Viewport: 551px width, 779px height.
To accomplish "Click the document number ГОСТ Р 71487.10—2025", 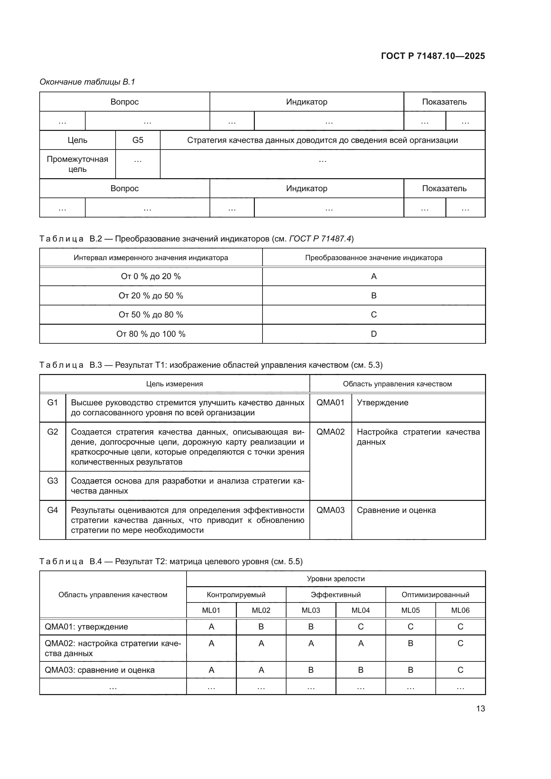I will point(433,56).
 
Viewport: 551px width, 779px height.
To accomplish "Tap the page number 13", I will point(480,708).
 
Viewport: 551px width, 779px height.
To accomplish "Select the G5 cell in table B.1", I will point(138,140).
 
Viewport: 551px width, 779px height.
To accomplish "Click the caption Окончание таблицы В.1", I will point(87,82).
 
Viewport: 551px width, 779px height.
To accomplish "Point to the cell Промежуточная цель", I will point(77,164).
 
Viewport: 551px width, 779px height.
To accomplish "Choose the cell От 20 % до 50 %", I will point(151,295).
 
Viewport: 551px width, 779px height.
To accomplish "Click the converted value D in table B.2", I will point(373,334).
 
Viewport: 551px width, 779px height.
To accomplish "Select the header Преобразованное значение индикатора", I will point(373,257).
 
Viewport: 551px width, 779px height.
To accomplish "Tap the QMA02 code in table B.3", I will point(330,432).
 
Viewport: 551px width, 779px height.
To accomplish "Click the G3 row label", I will point(53,481).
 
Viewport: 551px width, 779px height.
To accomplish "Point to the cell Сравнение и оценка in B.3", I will point(396,510).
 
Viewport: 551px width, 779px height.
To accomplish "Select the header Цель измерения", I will point(174,384).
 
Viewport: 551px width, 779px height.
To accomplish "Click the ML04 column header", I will point(360,610).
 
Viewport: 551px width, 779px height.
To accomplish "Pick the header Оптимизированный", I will point(435,594).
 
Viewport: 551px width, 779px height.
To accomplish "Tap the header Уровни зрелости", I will point(335,579).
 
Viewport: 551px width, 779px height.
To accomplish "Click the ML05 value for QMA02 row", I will point(410,643).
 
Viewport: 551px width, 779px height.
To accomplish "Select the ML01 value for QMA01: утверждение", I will point(212,627).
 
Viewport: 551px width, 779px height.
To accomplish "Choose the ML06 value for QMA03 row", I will point(460,670).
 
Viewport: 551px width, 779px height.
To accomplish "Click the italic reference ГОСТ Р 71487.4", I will point(320,239).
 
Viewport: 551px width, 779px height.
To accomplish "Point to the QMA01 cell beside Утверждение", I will point(330,403).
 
